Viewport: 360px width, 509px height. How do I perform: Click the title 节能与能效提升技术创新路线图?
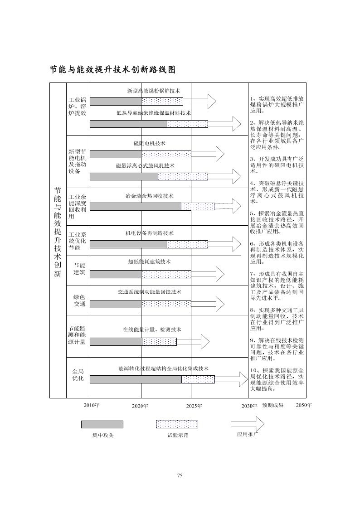[112, 70]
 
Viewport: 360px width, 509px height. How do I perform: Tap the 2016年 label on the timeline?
[92, 405]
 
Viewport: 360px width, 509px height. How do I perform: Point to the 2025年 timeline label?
[194, 406]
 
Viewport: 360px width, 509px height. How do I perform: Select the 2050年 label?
[304, 405]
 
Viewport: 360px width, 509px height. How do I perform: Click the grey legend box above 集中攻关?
[102, 424]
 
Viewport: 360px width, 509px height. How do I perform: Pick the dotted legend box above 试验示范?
[177, 424]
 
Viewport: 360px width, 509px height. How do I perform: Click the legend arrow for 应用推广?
[248, 424]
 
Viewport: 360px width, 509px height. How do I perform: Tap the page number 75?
[180, 475]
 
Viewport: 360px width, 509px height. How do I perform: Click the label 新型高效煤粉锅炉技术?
[154, 91]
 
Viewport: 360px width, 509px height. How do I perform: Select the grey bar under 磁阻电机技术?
[116, 154]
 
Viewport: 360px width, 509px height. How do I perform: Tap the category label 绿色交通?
[80, 301]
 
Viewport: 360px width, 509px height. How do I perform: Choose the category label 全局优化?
[78, 375]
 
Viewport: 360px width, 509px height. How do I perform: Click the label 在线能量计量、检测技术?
[152, 330]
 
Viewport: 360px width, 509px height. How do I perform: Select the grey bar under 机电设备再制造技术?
[128, 244]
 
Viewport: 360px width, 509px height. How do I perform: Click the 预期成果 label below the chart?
[272, 405]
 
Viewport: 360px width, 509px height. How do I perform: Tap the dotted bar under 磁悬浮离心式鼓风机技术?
[183, 177]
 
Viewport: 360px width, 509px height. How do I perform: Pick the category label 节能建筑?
[79, 269]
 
